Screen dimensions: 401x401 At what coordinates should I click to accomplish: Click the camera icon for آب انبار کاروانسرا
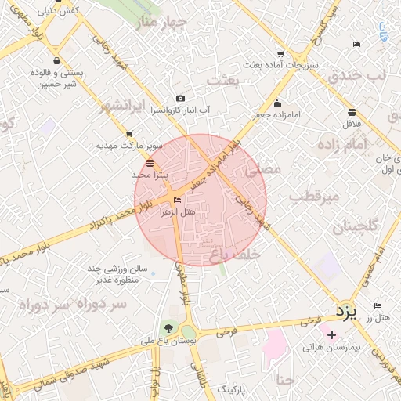pyautogui.click(x=181, y=99)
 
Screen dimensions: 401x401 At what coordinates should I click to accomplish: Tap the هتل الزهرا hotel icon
pyautogui.click(x=176, y=200)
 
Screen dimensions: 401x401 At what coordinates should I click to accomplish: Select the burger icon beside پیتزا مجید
pyautogui.click(x=150, y=164)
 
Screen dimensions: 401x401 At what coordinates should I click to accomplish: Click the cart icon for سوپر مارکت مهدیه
pyautogui.click(x=129, y=134)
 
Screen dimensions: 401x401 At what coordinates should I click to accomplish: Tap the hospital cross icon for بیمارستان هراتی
pyautogui.click(x=332, y=334)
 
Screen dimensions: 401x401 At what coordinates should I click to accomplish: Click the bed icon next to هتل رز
pyautogui.click(x=378, y=305)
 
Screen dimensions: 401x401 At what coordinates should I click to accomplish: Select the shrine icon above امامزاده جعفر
pyautogui.click(x=276, y=103)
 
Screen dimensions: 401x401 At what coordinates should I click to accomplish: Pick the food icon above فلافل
pyautogui.click(x=350, y=111)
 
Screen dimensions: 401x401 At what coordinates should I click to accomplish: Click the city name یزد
pyautogui.click(x=346, y=311)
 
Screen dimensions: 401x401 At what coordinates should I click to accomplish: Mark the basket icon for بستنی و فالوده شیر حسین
pyautogui.click(x=56, y=60)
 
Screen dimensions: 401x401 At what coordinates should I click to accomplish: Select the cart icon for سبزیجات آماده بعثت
pyautogui.click(x=291, y=55)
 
